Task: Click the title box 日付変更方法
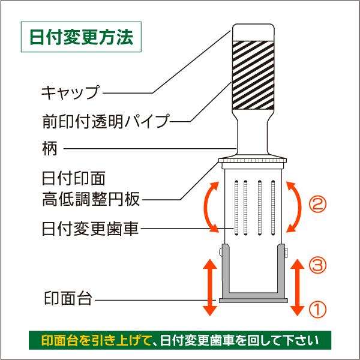[81, 38]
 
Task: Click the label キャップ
[69, 93]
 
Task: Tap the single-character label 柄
[50, 148]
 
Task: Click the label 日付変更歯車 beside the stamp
[91, 229]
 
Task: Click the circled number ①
[317, 310]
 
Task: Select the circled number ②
[317, 205]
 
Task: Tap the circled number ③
[317, 265]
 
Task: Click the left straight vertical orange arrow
[209, 287]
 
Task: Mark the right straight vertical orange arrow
[296, 287]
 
